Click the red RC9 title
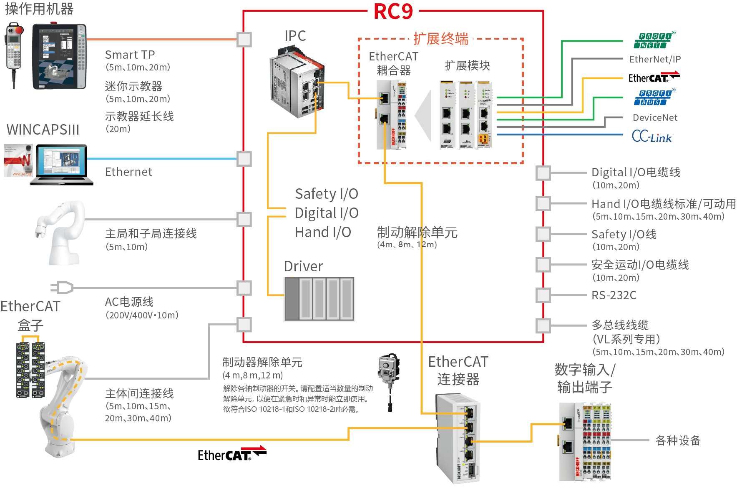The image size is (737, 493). click(393, 11)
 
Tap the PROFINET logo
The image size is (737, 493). click(654, 40)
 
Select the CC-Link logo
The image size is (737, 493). click(652, 136)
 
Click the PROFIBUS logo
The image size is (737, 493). click(654, 98)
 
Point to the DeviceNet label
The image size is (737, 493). click(655, 118)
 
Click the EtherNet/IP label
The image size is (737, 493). click(654, 59)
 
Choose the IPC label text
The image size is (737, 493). click(295, 36)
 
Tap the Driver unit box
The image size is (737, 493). click(319, 299)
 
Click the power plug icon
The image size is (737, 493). click(62, 288)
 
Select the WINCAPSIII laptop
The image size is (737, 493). click(61, 165)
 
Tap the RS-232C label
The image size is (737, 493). click(614, 295)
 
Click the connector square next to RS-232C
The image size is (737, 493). click(543, 295)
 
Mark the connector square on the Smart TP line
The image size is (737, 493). click(244, 40)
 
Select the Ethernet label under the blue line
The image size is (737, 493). click(128, 172)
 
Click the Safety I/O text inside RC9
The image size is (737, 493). click(326, 194)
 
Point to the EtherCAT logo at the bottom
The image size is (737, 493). click(231, 454)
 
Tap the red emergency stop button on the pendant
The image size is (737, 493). click(18, 30)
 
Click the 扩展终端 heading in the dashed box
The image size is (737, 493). click(441, 39)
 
